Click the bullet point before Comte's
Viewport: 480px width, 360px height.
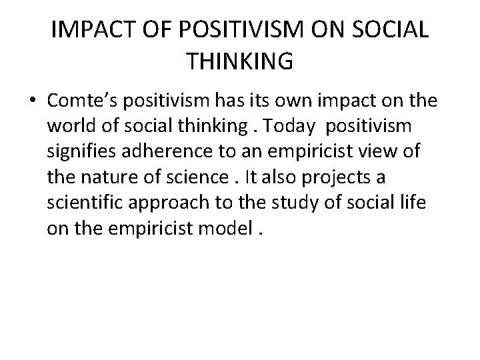point(33,101)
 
